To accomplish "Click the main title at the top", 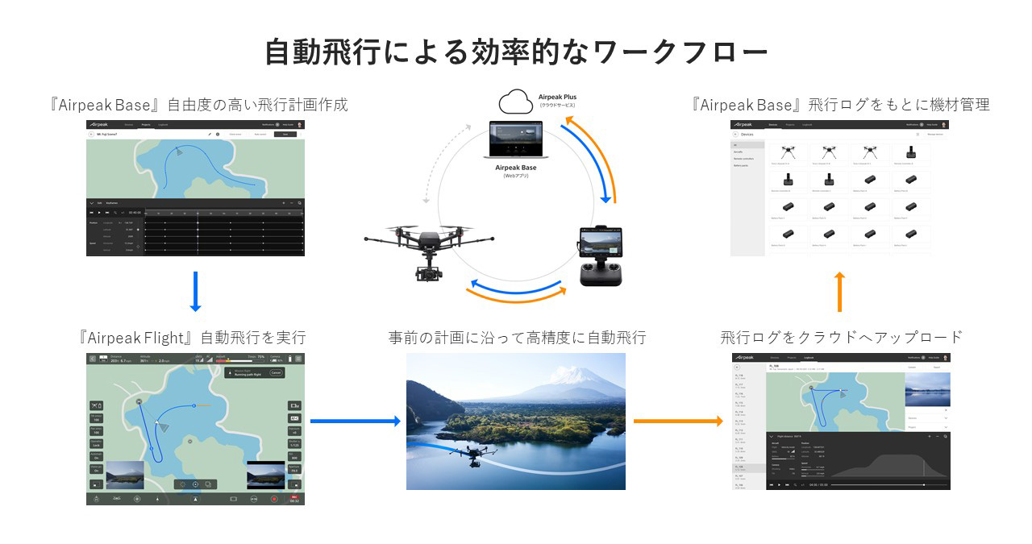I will tap(516, 52).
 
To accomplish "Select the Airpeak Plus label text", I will tap(557, 98).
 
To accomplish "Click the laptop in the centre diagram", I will tap(516, 140).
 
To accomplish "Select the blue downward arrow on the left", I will tap(194, 292).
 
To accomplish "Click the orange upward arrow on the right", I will tap(839, 292).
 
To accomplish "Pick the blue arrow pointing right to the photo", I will tap(355, 421).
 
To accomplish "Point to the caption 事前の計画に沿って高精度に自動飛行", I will tap(516, 337).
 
